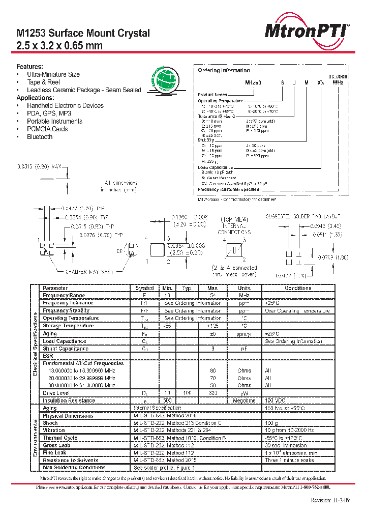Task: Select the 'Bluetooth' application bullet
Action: [40, 137]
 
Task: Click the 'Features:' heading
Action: [30, 67]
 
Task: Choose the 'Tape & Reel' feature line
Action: [43, 82]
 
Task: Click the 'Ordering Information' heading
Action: [224, 70]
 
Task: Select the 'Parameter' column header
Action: [55, 288]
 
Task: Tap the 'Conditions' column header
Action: [298, 288]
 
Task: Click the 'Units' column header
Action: [244, 288]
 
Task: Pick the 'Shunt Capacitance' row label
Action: [66, 349]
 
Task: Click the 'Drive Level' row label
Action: [56, 393]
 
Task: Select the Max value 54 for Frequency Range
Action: [212, 296]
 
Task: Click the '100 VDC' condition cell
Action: [276, 401]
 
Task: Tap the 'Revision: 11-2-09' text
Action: [330, 500]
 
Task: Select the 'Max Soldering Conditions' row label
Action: [74, 468]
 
